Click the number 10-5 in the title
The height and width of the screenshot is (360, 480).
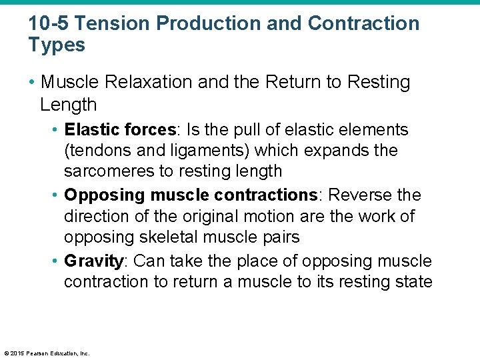[49, 24]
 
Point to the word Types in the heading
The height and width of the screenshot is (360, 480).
[57, 45]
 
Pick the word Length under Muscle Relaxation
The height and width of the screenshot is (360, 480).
[68, 105]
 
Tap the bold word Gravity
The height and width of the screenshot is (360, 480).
[93, 261]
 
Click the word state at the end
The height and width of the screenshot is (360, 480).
[412, 282]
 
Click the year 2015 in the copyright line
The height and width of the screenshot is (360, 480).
[16, 353]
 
